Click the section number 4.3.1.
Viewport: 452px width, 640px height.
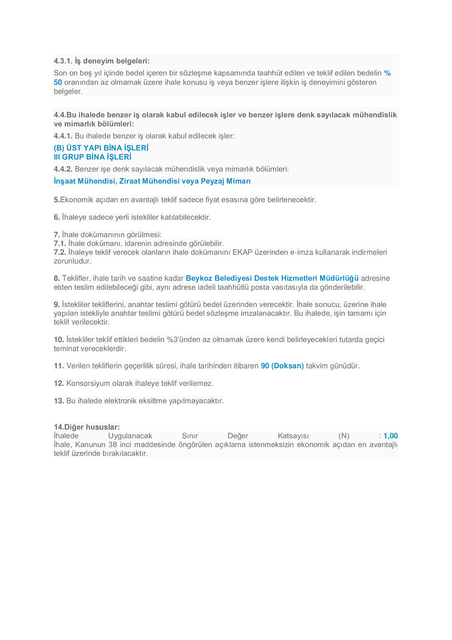(63, 61)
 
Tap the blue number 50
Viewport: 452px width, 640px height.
(58, 82)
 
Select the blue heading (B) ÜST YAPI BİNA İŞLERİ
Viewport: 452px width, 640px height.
(101, 148)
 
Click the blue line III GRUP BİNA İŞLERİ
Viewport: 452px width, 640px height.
(92, 157)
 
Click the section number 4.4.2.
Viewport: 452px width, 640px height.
(63, 169)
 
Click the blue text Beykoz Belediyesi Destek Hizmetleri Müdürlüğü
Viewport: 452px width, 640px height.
(272, 278)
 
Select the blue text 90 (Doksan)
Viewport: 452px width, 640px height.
(282, 366)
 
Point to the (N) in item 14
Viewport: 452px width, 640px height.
(344, 436)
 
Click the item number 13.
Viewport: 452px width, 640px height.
(59, 401)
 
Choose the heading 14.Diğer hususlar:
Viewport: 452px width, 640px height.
(87, 427)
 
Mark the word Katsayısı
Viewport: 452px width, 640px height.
(293, 436)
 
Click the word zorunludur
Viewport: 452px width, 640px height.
(72, 261)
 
